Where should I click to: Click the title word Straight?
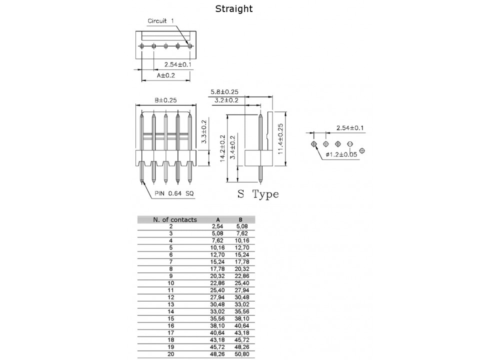click(x=234, y=9)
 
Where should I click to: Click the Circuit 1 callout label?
click(x=160, y=21)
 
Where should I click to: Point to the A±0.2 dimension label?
click(x=167, y=75)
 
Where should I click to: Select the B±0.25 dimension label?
click(x=165, y=100)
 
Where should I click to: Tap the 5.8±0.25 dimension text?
click(x=224, y=91)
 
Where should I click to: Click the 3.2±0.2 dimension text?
click(x=226, y=100)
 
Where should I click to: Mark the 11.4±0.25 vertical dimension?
click(x=280, y=140)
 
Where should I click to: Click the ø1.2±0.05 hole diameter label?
click(x=341, y=154)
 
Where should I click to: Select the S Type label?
click(x=258, y=194)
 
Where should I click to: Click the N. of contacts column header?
click(x=175, y=219)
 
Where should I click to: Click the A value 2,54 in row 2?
click(x=218, y=226)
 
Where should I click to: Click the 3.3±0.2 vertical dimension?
click(x=204, y=132)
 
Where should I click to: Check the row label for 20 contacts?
click(x=171, y=354)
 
